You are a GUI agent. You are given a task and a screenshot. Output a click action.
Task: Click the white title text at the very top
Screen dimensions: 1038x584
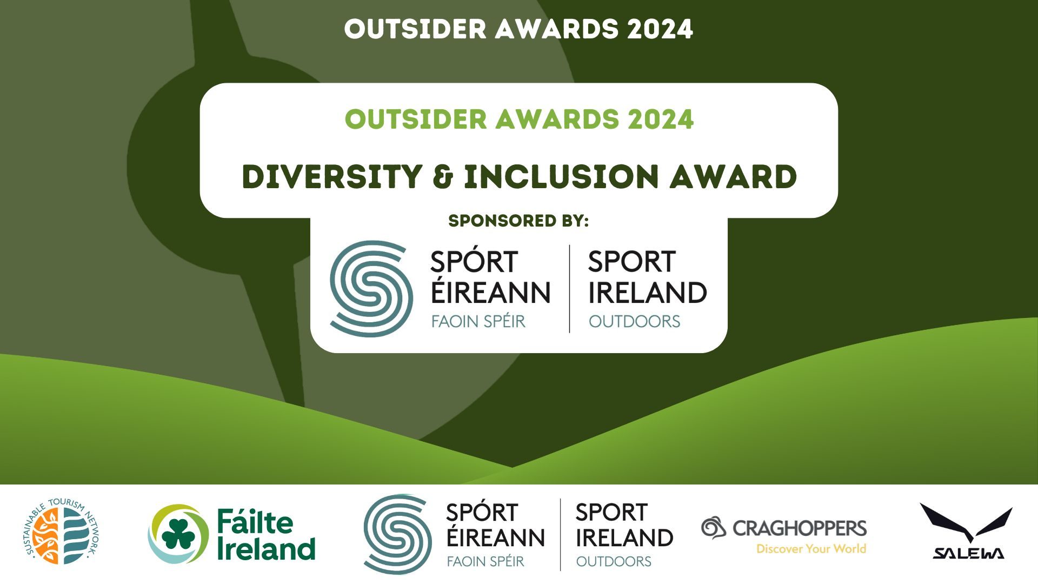pos(518,29)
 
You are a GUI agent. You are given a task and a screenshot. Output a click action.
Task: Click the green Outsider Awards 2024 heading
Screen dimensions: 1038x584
pos(519,120)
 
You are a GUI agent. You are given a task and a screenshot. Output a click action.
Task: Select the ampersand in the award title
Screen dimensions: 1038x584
pos(443,177)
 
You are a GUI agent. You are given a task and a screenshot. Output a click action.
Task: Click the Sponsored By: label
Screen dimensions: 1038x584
pos(518,221)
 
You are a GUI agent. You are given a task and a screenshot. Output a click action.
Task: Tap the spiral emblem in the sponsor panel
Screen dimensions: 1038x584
pos(371,289)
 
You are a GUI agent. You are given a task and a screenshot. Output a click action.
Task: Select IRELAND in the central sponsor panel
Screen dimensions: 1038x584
pos(648,293)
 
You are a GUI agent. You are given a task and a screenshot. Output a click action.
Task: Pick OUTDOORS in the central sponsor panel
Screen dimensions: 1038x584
pos(635,322)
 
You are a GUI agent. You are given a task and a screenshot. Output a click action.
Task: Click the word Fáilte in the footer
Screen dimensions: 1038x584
pos(255,521)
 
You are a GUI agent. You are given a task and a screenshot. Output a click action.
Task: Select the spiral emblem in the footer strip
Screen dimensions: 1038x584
pos(397,534)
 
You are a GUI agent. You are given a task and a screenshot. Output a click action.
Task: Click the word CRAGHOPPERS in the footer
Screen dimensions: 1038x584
pos(800,528)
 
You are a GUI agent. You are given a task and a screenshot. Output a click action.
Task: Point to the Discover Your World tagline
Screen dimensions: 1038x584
pos(811,549)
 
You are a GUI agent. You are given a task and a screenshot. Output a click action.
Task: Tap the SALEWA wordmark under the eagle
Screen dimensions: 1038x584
pos(968,553)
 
